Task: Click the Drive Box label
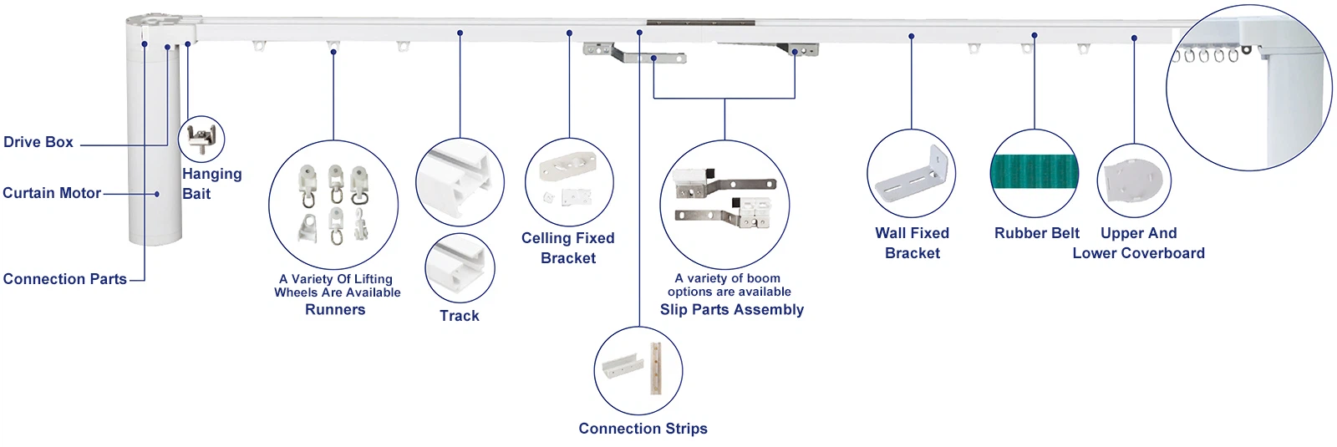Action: [x=38, y=142]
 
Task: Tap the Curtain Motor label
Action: [x=52, y=193]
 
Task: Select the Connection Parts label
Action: [x=65, y=279]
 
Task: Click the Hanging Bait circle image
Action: [x=201, y=139]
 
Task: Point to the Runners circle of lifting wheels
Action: [x=333, y=205]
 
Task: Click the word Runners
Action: [x=335, y=309]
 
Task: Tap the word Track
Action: [x=460, y=316]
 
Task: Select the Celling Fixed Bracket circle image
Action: [x=569, y=183]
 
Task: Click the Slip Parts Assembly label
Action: [x=732, y=309]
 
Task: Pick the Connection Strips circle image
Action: [x=638, y=370]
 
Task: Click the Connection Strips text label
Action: [x=643, y=429]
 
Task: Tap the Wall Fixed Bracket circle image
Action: [x=911, y=174]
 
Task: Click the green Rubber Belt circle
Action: [x=1035, y=174]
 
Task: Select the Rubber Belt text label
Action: [x=1036, y=233]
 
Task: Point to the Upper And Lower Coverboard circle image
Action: [x=1134, y=180]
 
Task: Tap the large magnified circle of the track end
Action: [x=1248, y=88]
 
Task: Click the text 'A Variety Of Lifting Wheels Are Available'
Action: [x=338, y=286]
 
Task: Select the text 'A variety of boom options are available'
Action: [x=729, y=285]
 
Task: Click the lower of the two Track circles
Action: [x=460, y=268]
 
